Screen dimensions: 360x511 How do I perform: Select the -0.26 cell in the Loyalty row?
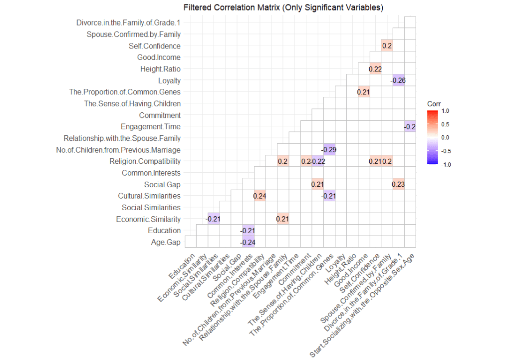398,80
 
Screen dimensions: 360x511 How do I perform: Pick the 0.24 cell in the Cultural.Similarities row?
259,196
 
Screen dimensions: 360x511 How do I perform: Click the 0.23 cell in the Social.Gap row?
398,184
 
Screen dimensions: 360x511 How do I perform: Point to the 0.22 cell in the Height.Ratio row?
375,69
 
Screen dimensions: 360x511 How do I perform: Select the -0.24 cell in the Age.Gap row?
248,242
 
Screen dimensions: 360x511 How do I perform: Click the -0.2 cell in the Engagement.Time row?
410,127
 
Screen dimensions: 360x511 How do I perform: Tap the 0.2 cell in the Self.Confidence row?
386,46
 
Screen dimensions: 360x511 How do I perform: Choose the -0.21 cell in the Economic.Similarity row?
213,219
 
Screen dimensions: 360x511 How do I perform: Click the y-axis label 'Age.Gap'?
167,242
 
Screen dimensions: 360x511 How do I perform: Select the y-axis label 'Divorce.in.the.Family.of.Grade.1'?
128,23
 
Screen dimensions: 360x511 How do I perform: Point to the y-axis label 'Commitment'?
160,115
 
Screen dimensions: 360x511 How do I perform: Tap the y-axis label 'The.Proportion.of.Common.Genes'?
125,92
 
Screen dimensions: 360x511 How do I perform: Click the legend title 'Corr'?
434,103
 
